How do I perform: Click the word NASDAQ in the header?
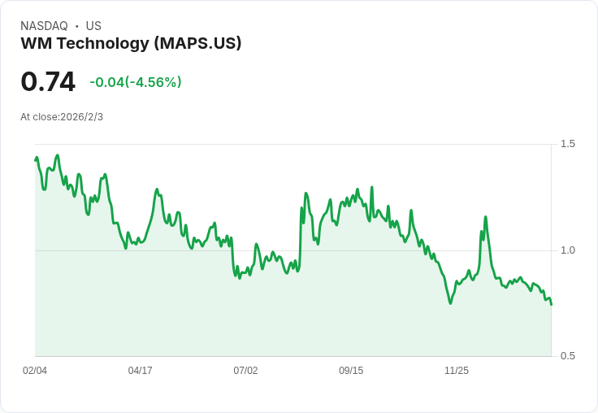tap(44, 26)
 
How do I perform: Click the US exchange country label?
tap(93, 26)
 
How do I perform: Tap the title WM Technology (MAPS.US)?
tap(131, 44)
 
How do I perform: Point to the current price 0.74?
tap(48, 81)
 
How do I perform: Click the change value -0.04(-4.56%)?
tap(136, 82)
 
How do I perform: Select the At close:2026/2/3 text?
tap(62, 117)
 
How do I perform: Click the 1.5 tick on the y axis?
tap(567, 144)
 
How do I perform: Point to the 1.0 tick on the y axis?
tap(567, 250)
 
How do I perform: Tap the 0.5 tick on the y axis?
tap(567, 356)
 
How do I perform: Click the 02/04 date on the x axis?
tap(35, 371)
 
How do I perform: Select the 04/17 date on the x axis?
tap(141, 371)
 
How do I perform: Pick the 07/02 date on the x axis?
tap(245, 371)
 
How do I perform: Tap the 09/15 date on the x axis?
tap(351, 371)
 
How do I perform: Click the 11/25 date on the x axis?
tap(457, 371)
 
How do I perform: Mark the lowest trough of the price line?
tap(450, 303)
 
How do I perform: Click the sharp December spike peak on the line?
tap(485, 217)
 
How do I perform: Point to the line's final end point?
tap(551, 304)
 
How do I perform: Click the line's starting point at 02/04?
tap(36, 159)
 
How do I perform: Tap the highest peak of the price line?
tap(57, 155)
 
